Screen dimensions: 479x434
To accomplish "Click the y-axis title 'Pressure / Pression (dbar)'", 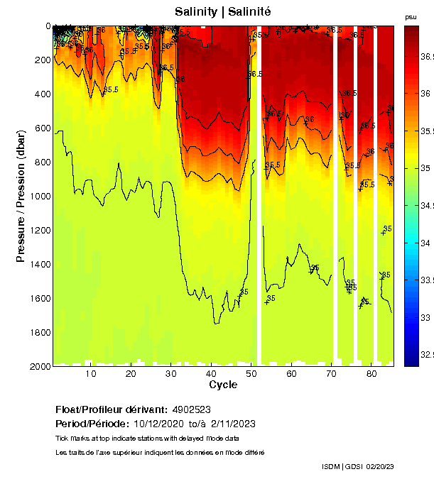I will tap(21, 196).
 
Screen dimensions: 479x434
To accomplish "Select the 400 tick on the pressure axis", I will tap(42, 94).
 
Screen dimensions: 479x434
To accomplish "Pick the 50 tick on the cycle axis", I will tap(251, 373).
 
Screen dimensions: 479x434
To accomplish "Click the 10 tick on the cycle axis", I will tap(91, 373).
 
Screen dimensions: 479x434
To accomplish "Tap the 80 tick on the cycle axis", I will tap(371, 373).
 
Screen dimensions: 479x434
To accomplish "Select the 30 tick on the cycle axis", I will tap(170, 373).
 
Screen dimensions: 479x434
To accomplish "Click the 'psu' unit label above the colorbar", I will tap(411, 16).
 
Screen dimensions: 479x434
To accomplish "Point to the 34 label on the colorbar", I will tap(427, 243).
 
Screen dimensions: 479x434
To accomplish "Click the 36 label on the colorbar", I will tap(427, 93).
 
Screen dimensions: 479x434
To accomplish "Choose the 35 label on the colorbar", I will tap(427, 168).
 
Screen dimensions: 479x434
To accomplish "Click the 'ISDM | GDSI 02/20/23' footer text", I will tap(357, 466).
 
